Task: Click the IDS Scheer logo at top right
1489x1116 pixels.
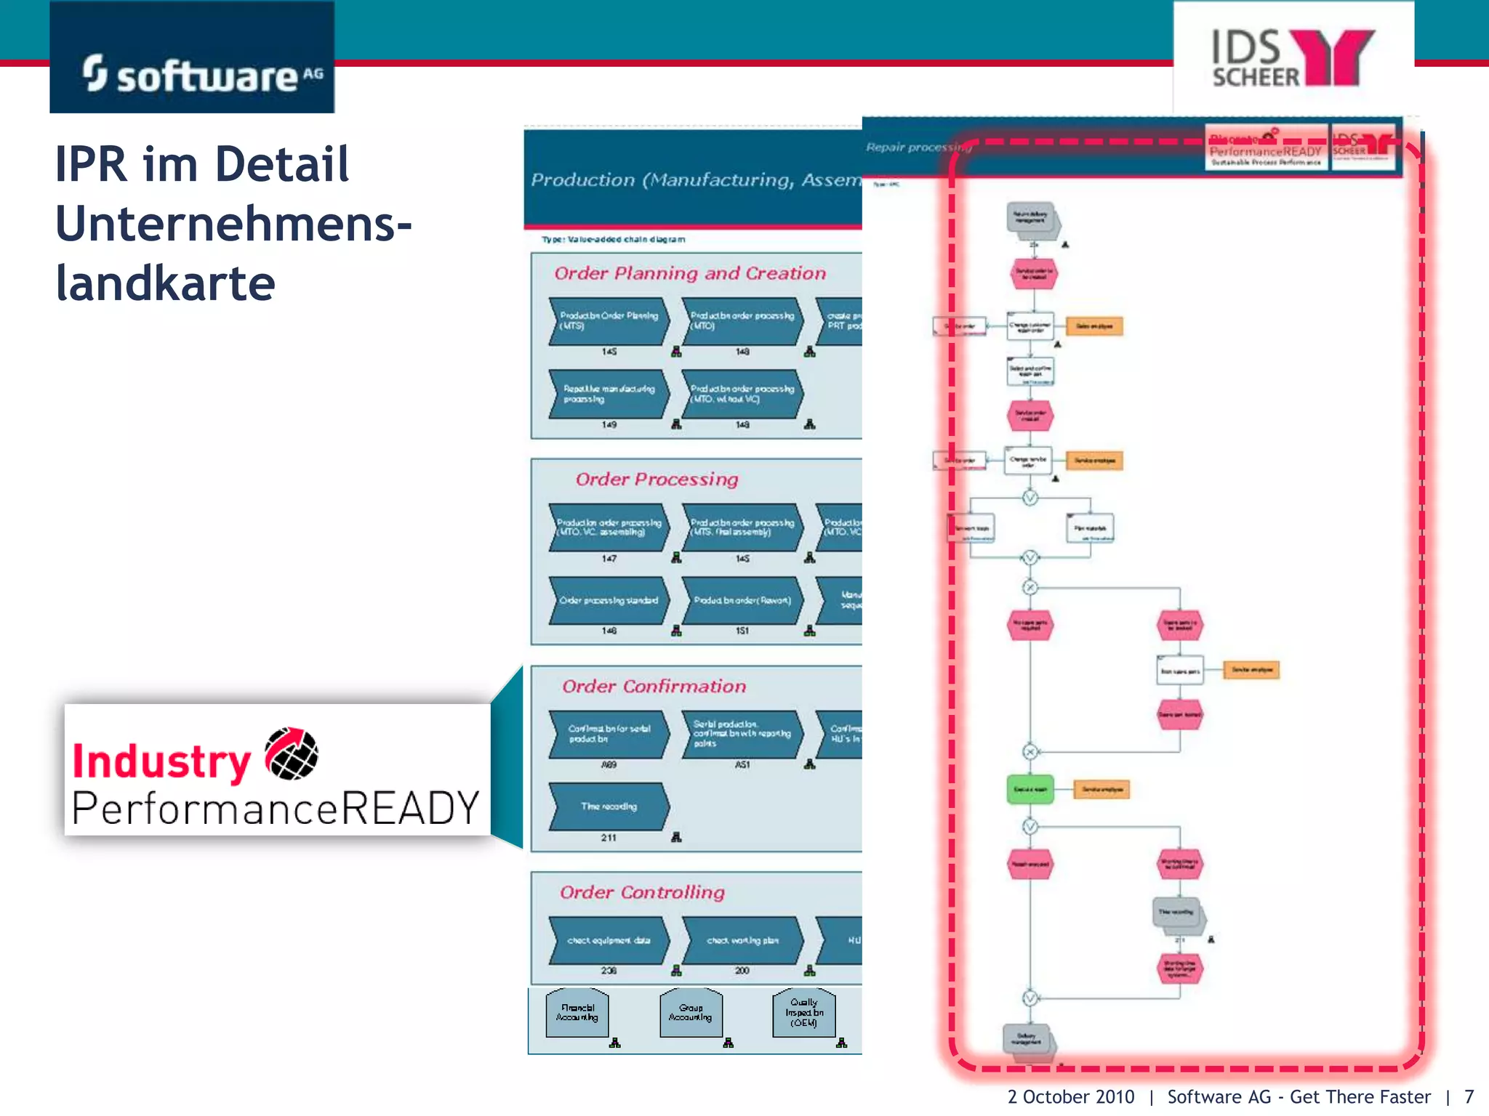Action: (1293, 58)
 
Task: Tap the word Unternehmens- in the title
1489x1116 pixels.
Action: (233, 223)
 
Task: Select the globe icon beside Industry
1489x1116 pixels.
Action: (292, 753)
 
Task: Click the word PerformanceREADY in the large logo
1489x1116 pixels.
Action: (276, 808)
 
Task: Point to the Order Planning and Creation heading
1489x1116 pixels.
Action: (690, 273)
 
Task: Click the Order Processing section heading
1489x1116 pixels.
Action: (657, 479)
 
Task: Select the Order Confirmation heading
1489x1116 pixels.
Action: (654, 686)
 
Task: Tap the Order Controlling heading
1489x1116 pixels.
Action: (642, 892)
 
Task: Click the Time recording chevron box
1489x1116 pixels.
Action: (609, 806)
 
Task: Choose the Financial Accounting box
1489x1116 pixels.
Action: (577, 1012)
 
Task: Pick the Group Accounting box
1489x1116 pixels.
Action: (690, 1012)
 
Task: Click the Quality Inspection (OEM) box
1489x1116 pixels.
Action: (803, 1012)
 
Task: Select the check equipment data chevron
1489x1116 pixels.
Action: (609, 940)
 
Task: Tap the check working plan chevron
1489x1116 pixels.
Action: (742, 940)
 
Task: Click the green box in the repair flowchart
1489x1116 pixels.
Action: (1030, 789)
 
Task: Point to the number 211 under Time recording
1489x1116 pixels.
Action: (609, 838)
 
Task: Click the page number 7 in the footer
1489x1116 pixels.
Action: (1469, 1096)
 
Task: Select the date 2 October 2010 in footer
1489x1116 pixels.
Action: (1070, 1096)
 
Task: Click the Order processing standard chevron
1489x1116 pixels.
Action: (609, 600)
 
